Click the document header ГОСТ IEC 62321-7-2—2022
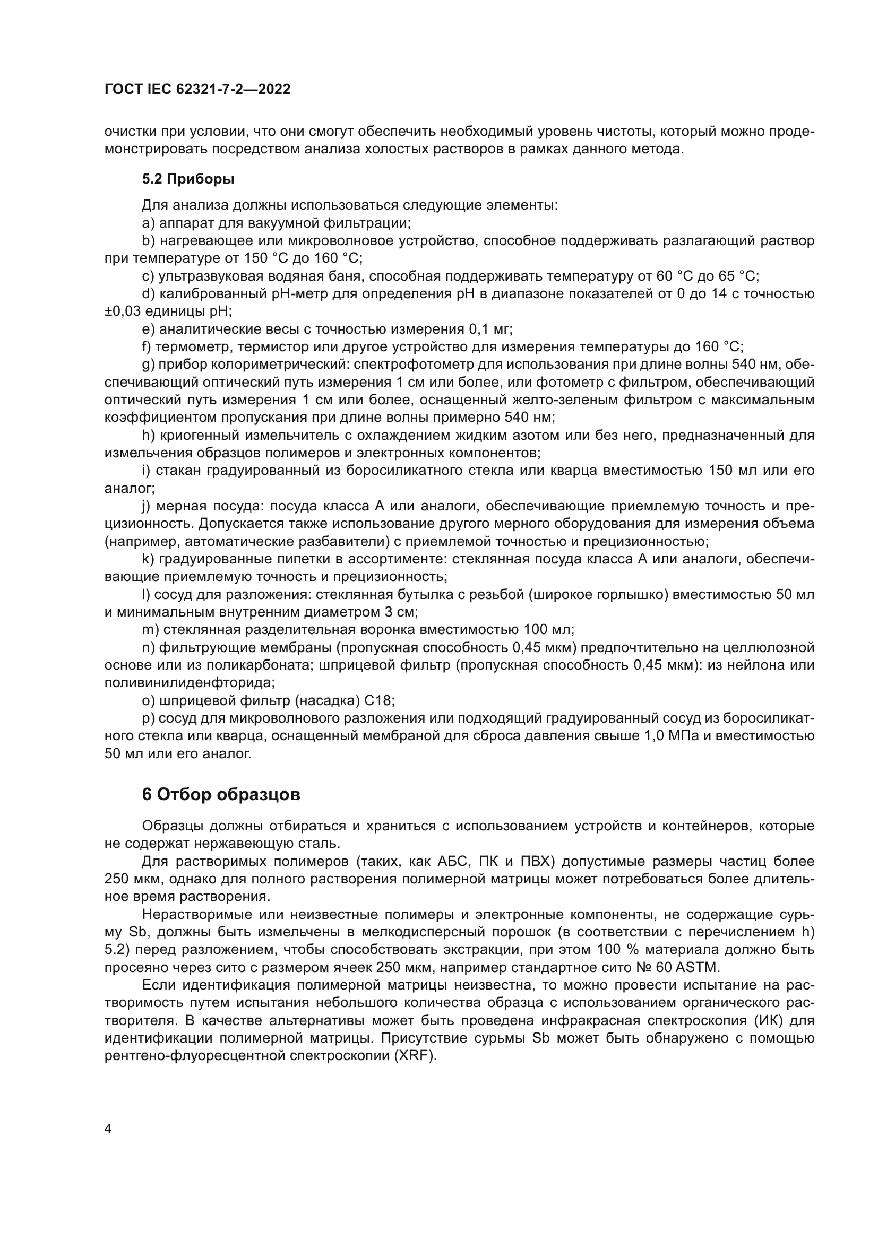[197, 89]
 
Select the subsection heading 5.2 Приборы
[188, 179]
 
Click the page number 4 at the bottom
[108, 1129]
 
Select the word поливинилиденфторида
[189, 683]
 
